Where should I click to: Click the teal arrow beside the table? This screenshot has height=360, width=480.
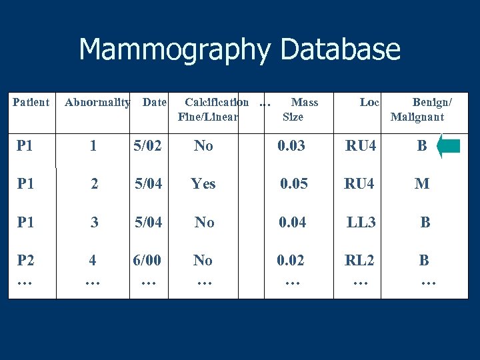click(450, 146)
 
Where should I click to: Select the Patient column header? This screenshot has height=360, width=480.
click(31, 103)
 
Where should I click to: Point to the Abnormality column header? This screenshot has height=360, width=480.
click(97, 103)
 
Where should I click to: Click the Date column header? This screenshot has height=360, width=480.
click(155, 103)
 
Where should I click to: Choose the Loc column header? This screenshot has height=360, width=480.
click(369, 103)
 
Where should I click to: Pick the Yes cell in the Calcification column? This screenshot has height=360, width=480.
click(203, 183)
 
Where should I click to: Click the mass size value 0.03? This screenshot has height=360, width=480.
click(291, 145)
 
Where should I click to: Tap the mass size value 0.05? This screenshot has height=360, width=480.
click(294, 183)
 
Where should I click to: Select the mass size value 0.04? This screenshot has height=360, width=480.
click(293, 222)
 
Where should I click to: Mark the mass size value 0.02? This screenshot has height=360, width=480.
click(291, 261)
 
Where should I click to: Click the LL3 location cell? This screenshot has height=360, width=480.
click(361, 222)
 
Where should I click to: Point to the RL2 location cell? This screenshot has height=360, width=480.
click(359, 261)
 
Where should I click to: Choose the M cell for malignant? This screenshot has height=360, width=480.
click(422, 183)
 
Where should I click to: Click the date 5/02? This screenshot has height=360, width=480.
click(147, 145)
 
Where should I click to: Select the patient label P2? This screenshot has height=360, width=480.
click(25, 261)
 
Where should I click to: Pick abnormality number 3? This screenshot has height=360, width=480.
click(95, 222)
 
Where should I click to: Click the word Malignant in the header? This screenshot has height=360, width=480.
click(417, 117)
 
